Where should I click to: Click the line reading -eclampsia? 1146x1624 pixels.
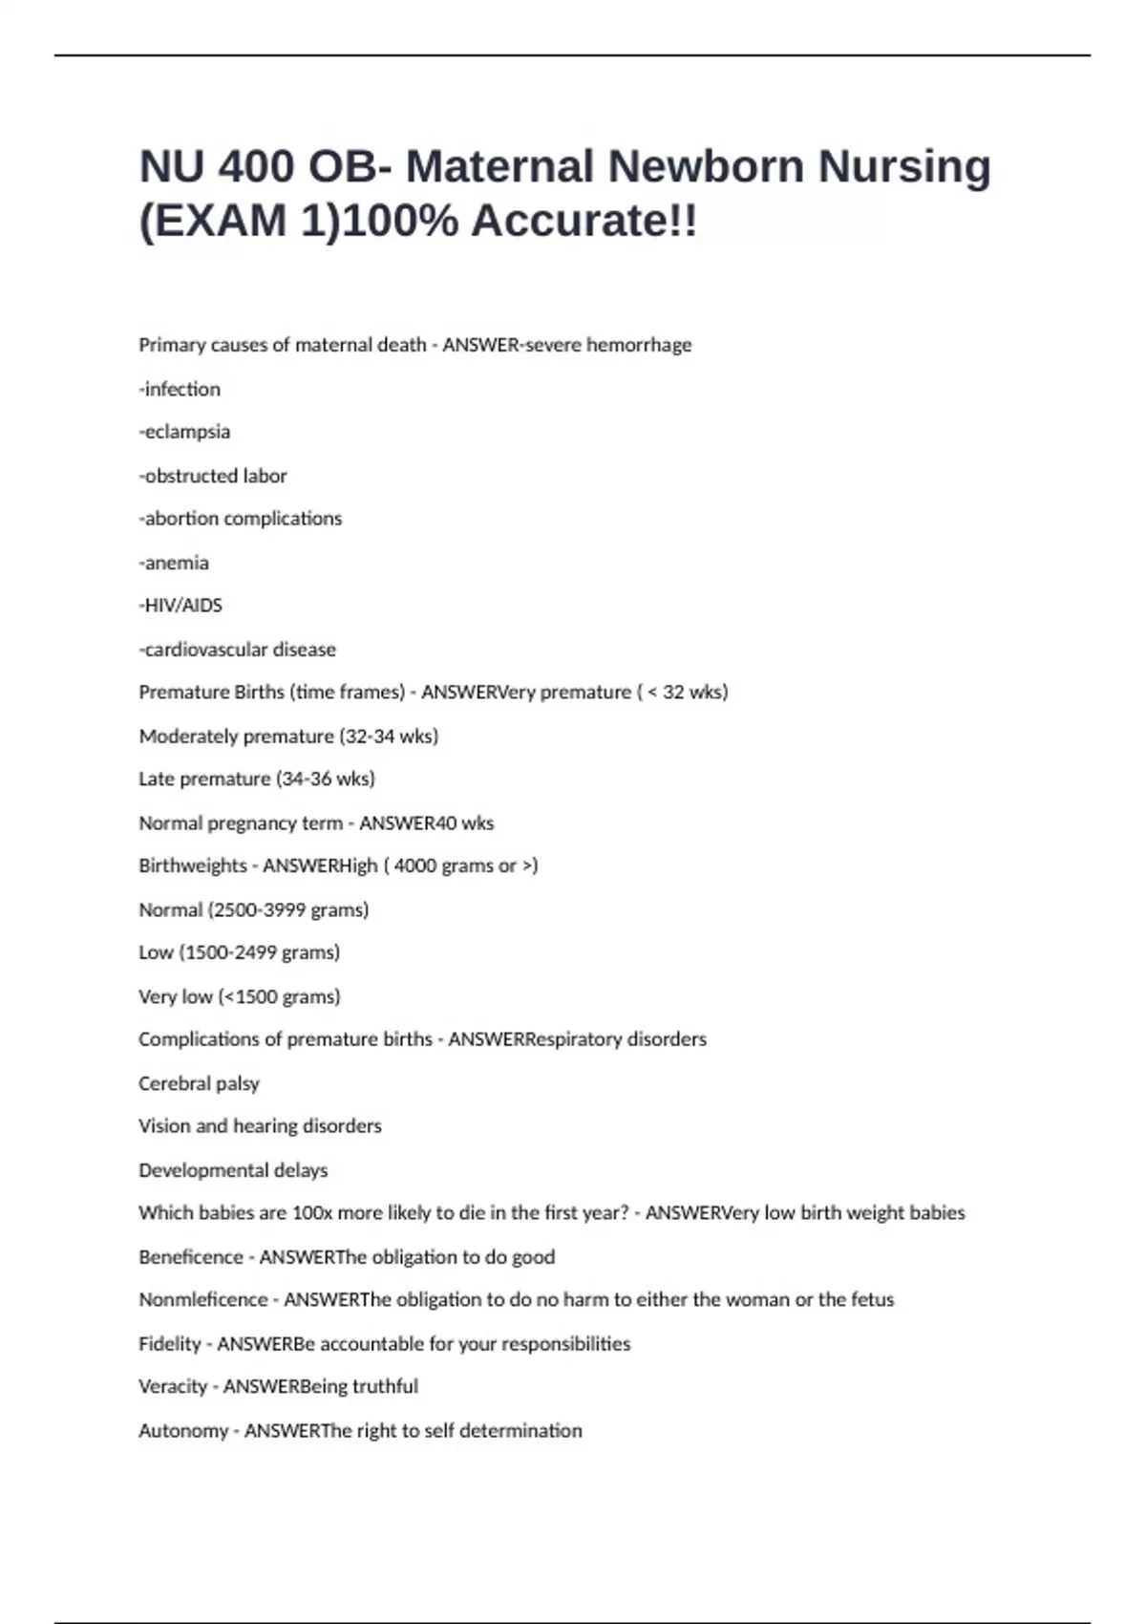click(184, 432)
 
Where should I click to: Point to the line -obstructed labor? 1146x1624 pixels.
click(213, 476)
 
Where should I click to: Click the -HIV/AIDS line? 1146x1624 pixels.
click(180, 606)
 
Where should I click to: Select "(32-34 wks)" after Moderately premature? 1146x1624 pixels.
click(388, 737)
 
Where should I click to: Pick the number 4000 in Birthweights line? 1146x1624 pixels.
click(415, 866)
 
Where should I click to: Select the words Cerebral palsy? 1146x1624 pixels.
click(199, 1084)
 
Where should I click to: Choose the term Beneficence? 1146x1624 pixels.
click(191, 1258)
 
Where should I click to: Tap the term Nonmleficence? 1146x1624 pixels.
click(203, 1300)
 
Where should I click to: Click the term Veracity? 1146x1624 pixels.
click(173, 1387)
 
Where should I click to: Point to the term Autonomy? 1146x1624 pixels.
click(183, 1431)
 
